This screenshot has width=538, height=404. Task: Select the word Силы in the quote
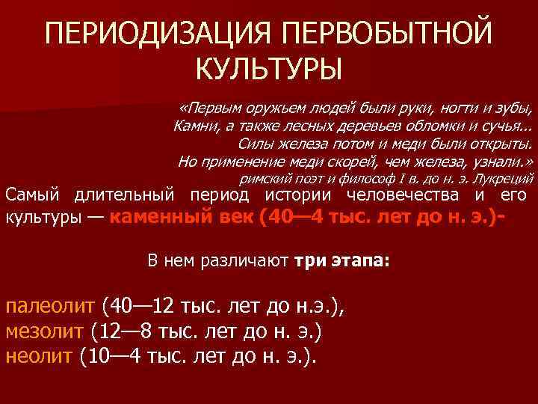[x=253, y=143]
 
